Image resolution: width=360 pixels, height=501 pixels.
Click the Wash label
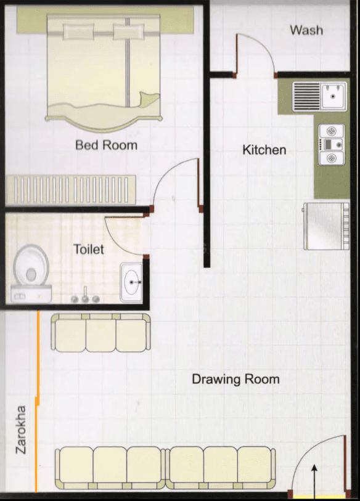306,30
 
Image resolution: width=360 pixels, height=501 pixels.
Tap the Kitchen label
264,150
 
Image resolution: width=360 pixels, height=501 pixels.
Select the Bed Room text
106,145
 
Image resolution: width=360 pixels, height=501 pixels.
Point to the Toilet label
89,249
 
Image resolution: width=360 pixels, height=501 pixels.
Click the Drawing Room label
235,379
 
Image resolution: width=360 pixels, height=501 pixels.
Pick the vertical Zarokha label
21,430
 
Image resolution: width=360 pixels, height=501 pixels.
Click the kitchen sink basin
333,96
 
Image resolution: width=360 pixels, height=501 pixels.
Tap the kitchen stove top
332,145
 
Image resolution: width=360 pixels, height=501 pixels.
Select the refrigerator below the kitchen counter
326,226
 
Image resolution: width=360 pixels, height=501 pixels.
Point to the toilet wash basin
131,282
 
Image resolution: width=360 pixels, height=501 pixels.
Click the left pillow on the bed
79,32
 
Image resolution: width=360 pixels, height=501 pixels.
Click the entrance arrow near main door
314,480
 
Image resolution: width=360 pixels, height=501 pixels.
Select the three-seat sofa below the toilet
100,333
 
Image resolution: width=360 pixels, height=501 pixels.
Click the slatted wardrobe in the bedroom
71,190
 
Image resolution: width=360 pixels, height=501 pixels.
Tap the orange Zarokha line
38,401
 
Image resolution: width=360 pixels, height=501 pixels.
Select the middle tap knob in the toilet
85,299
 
